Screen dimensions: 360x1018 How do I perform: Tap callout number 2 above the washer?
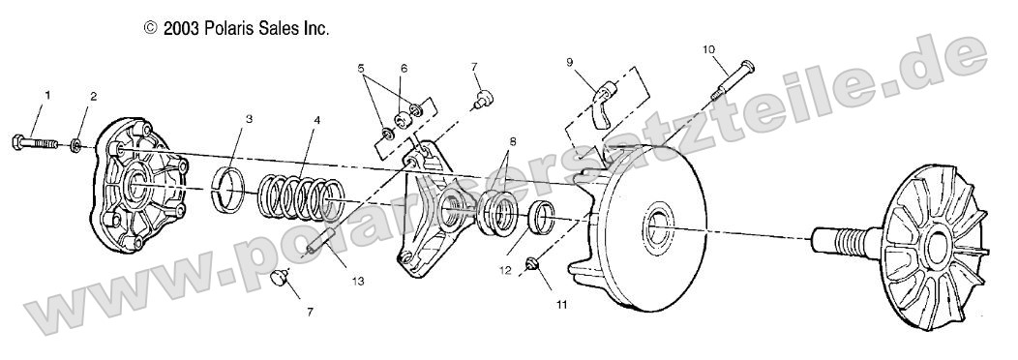94,96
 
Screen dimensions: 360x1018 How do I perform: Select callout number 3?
249,120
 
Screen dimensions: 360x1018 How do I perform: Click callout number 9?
570,61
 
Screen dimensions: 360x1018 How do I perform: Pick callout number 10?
709,48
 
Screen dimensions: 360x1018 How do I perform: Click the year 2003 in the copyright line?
181,29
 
